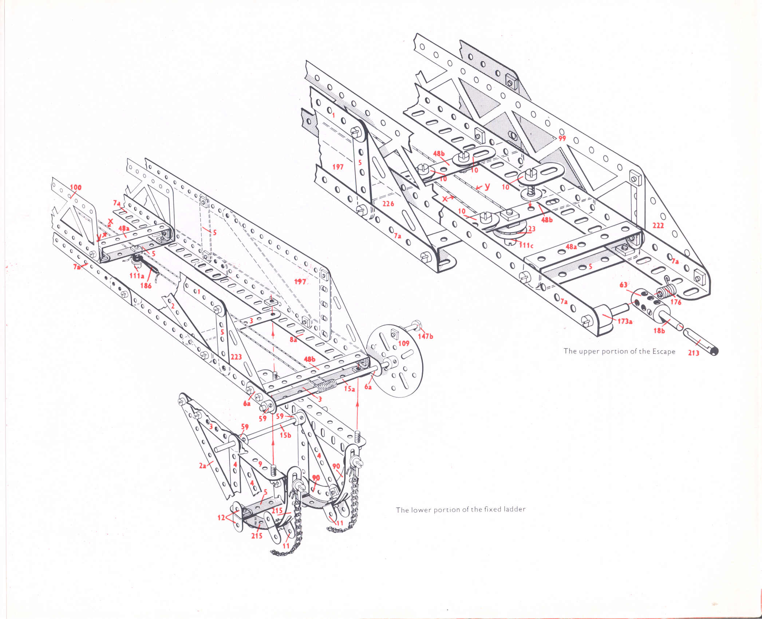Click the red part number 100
pyautogui.click(x=76, y=188)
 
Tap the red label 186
pyautogui.click(x=146, y=285)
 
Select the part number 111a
pyautogui.click(x=137, y=276)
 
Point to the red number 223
pyautogui.click(x=236, y=357)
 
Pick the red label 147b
pyautogui.click(x=425, y=336)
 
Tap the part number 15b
pyautogui.click(x=285, y=435)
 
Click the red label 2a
pyautogui.click(x=202, y=465)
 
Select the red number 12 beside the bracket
pyautogui.click(x=221, y=517)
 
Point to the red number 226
pyautogui.click(x=388, y=203)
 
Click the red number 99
pyautogui.click(x=562, y=138)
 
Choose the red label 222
pyautogui.click(x=658, y=225)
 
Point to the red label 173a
pyautogui.click(x=625, y=321)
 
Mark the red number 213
pyautogui.click(x=693, y=352)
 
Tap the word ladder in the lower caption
pyautogui.click(x=514, y=509)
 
